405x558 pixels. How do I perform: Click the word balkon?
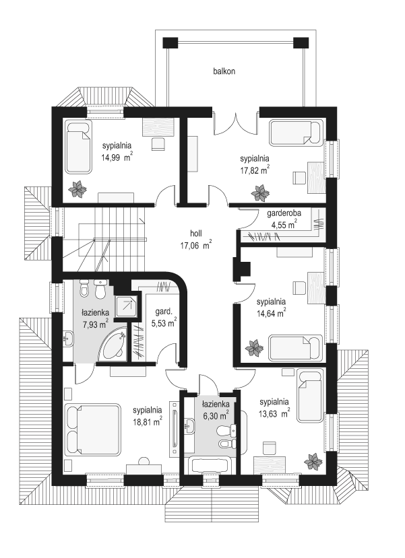click(224, 71)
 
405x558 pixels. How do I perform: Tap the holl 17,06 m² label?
click(196, 239)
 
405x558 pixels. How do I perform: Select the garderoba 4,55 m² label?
click(284, 219)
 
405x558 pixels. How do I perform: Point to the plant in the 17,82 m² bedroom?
click(259, 193)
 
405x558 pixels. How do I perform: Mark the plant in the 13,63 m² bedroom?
click(313, 461)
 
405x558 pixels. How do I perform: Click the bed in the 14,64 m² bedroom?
click(295, 347)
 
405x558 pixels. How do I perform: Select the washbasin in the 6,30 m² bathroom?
click(189, 425)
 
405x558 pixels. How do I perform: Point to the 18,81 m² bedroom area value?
click(148, 420)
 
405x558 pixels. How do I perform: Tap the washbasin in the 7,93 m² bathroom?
click(68, 338)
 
